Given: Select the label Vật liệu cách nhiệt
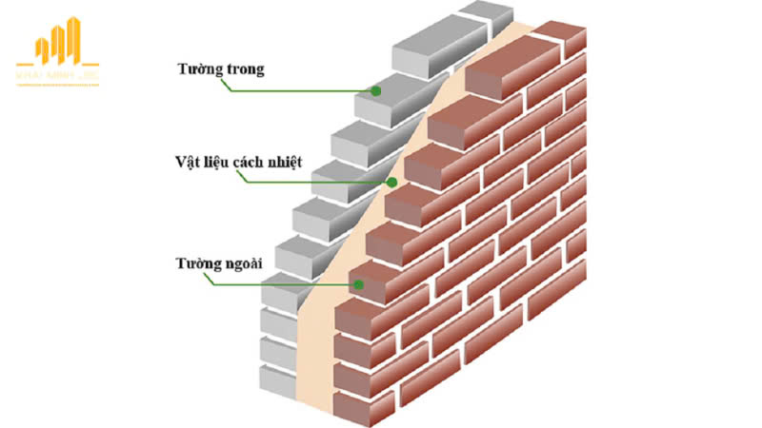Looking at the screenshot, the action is [239, 164].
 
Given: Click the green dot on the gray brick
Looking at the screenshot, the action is [376, 91].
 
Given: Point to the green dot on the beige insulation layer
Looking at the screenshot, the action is [391, 183].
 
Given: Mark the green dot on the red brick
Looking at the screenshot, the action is [358, 282].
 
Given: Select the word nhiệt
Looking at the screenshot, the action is [283, 164].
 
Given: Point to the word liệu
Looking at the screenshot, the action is [215, 165].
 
